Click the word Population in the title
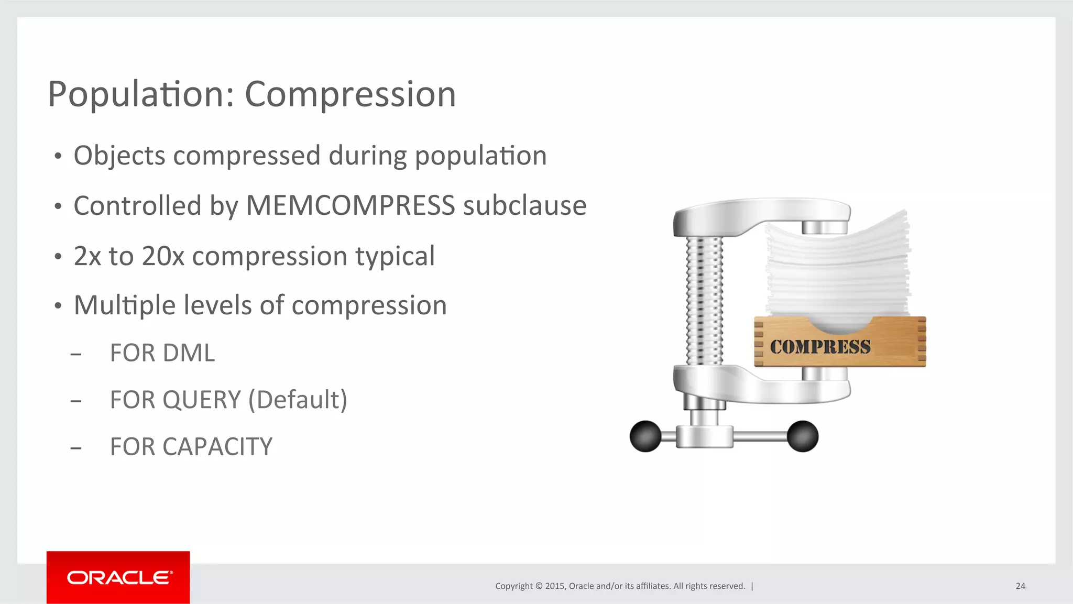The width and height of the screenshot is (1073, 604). click(x=140, y=95)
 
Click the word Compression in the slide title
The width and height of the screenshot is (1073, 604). click(x=350, y=95)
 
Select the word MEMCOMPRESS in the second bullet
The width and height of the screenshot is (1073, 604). click(x=351, y=205)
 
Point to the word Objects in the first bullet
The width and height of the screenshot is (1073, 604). click(x=119, y=156)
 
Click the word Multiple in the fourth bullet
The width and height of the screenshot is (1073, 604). click(x=125, y=305)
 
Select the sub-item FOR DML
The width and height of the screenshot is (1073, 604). click(x=162, y=353)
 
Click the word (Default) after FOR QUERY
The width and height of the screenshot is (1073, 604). click(x=298, y=400)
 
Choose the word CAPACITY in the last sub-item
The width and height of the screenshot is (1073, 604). click(x=217, y=447)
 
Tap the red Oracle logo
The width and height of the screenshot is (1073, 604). click(x=118, y=577)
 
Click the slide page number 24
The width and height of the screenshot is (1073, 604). click(x=1020, y=586)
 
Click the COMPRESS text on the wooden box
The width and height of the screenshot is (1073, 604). click(x=820, y=347)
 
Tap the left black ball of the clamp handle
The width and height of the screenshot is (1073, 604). click(x=645, y=436)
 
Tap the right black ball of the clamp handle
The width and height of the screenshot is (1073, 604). click(x=802, y=436)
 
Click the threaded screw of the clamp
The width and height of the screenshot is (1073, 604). click(x=705, y=301)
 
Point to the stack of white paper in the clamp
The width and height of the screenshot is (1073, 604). click(x=838, y=267)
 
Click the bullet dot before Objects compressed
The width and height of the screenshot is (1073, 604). click(x=58, y=156)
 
